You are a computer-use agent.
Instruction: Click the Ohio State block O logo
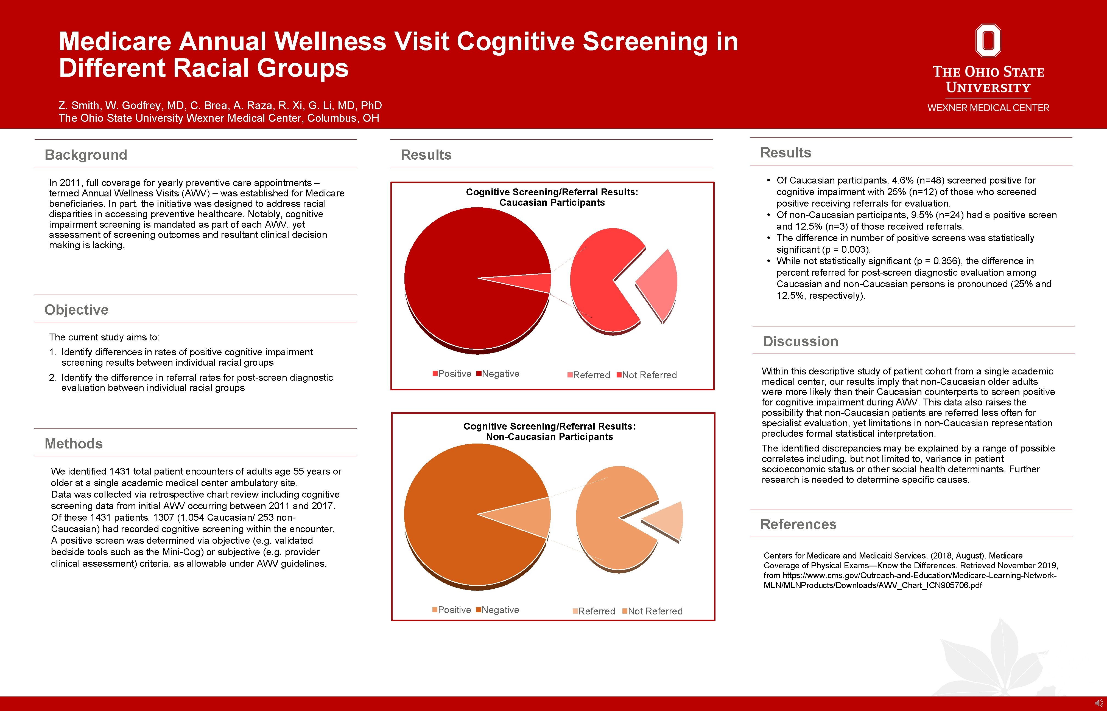coord(988,41)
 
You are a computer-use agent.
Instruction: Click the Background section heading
coord(86,155)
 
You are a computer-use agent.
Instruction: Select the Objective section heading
coord(76,310)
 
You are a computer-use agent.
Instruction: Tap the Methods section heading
coord(74,444)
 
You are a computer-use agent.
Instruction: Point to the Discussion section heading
coord(800,341)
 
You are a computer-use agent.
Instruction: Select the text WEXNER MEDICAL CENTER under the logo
coord(988,108)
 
